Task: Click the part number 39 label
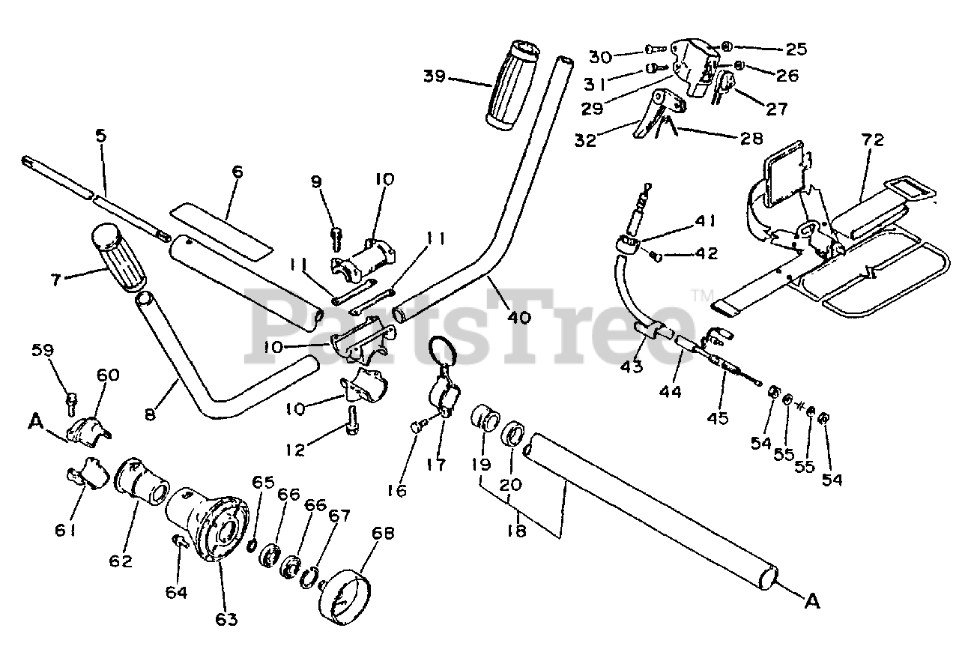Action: (434, 76)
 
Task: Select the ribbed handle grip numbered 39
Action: (512, 86)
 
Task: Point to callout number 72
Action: (873, 140)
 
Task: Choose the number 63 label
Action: (226, 619)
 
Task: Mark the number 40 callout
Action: (518, 317)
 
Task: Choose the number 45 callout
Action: (717, 418)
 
